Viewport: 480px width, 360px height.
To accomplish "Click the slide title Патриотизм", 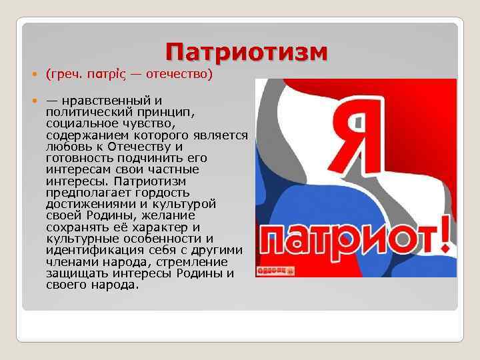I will pos(246,53).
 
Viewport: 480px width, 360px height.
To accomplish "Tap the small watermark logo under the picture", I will pos(276,271).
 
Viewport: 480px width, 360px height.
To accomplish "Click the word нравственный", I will pos(105,101).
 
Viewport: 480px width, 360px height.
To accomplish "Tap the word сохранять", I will pos(75,227).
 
